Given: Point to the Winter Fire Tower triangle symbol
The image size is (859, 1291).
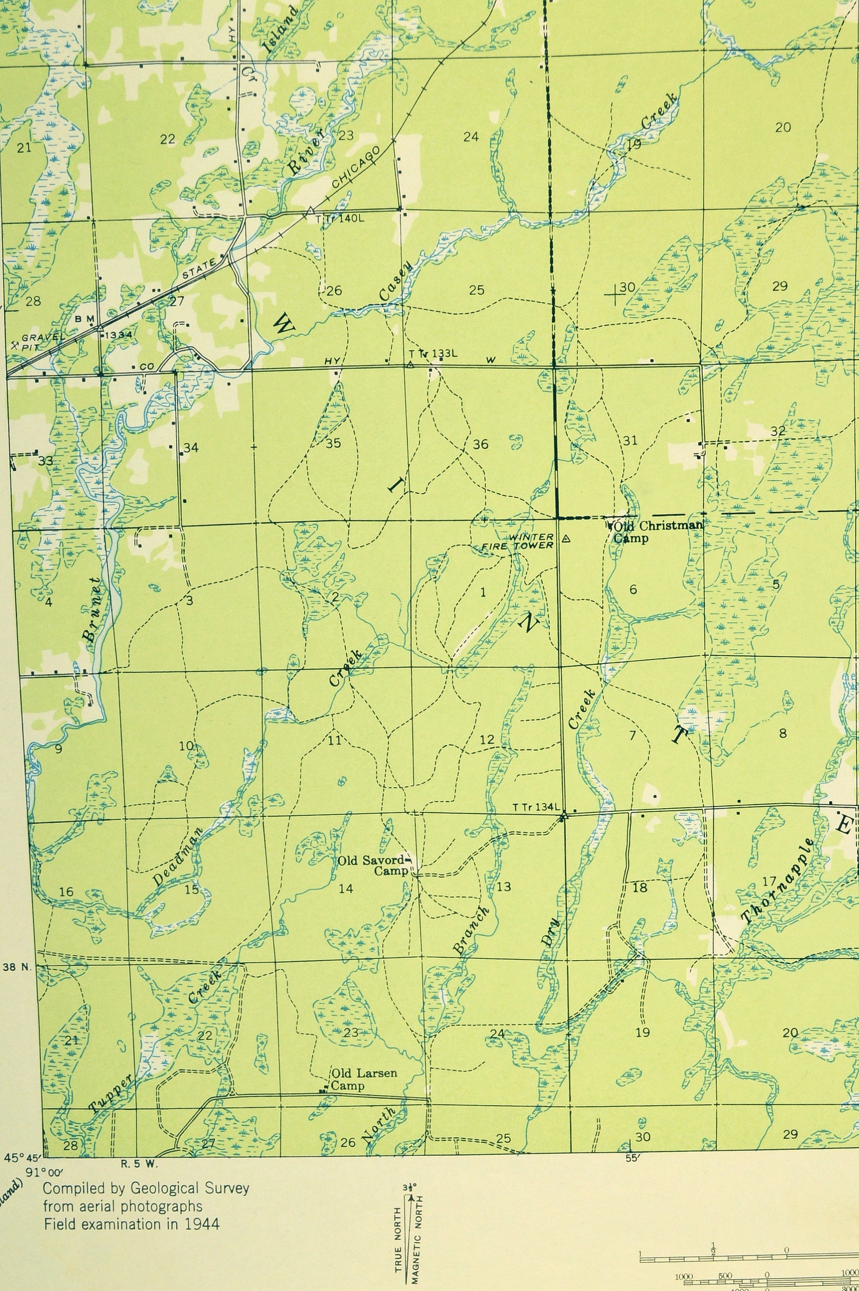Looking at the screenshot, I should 566,538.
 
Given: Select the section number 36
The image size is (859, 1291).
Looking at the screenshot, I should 480,444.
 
